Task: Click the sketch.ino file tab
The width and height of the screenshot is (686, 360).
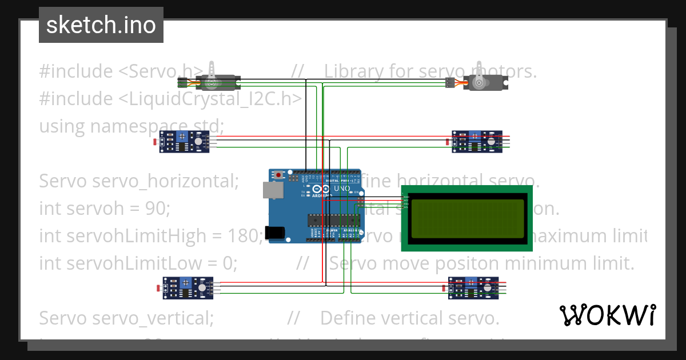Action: click(101, 25)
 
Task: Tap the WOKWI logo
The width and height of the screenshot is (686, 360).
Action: click(607, 315)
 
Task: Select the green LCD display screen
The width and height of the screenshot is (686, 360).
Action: click(467, 218)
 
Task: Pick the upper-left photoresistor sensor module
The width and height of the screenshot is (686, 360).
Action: click(185, 142)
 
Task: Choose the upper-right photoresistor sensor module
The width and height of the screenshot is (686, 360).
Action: click(477, 142)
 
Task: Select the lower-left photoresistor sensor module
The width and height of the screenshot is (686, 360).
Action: click(188, 288)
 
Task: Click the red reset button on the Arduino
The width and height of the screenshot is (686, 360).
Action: click(278, 174)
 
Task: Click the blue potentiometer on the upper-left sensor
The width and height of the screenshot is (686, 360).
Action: click(182, 136)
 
